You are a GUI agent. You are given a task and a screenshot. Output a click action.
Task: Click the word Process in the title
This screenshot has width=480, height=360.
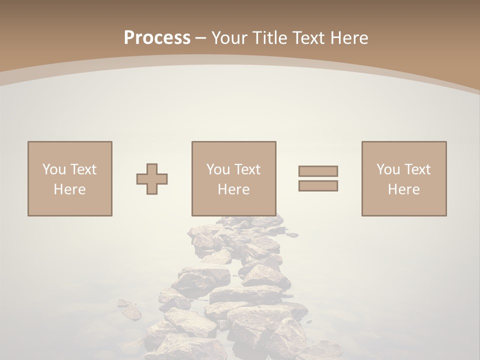[157, 38]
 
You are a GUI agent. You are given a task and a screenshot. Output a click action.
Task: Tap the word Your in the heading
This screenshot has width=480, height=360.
[231, 38]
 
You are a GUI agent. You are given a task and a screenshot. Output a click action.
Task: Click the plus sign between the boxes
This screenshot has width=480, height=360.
[152, 179]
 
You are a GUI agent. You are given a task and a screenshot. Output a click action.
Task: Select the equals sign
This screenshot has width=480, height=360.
[318, 178]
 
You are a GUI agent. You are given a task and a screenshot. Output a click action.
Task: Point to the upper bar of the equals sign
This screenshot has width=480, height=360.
[318, 171]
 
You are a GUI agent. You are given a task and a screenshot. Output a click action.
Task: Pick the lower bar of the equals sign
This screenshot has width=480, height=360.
[318, 186]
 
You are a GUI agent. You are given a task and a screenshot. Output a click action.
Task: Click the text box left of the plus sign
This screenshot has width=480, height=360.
[70, 178]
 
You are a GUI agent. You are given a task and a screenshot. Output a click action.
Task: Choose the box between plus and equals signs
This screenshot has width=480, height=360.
[233, 178]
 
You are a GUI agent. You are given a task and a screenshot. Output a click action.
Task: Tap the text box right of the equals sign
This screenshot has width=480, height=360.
[403, 178]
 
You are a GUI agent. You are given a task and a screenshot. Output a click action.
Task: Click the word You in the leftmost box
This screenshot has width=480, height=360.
[53, 169]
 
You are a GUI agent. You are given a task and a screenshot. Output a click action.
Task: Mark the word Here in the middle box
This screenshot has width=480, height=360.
[233, 189]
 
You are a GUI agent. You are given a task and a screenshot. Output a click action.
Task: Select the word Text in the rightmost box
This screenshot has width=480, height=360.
[417, 169]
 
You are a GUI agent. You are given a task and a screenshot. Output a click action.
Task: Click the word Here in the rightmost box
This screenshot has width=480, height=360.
[403, 189]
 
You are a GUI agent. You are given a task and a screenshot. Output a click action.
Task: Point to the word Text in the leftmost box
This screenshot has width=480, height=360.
[83, 169]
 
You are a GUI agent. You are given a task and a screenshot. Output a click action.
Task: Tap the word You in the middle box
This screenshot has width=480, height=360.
[217, 169]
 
